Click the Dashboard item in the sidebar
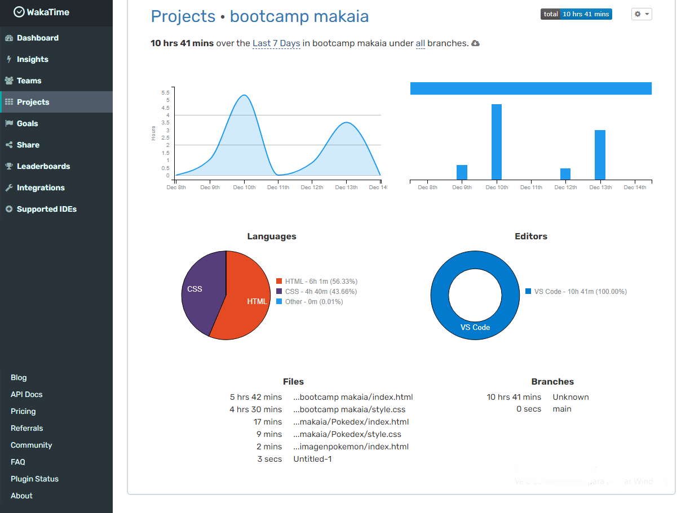[x=37, y=38]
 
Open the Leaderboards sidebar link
[x=43, y=166]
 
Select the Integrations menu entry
[x=40, y=188]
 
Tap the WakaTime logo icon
[x=19, y=12]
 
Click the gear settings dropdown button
[x=642, y=14]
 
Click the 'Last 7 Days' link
[x=276, y=43]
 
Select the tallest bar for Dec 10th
[x=497, y=141]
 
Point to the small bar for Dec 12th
[x=565, y=174]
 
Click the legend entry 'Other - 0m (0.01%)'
[x=313, y=302]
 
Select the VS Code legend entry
[x=580, y=292]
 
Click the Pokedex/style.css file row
[x=347, y=434]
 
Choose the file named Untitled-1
[x=312, y=459]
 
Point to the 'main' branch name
[x=562, y=409]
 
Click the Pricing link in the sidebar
[x=23, y=412]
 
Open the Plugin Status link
[x=34, y=479]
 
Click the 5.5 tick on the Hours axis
[x=165, y=92]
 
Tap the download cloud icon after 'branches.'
[x=475, y=43]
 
